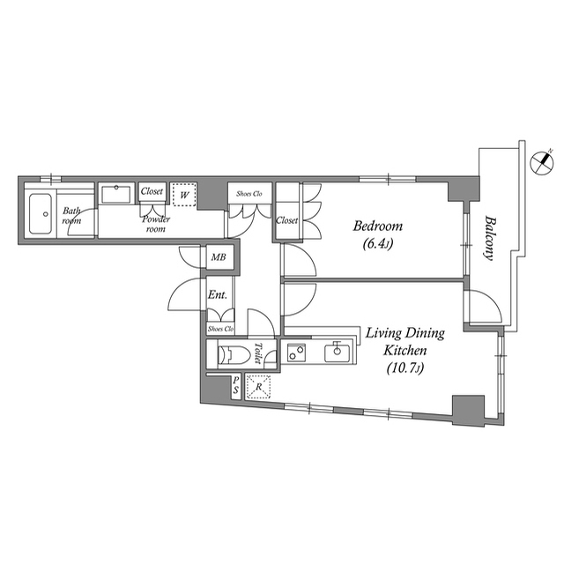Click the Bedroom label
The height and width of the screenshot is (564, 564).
click(x=378, y=226)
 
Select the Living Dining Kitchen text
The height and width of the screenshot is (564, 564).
click(x=405, y=342)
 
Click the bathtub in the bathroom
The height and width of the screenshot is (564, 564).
click(x=41, y=214)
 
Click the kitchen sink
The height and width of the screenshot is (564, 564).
click(x=337, y=352)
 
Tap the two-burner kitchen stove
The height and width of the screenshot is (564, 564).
click(x=296, y=352)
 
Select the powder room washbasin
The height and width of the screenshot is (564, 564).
click(x=115, y=194)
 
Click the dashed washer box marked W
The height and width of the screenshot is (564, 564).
click(x=184, y=195)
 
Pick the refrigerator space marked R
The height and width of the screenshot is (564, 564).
click(x=258, y=387)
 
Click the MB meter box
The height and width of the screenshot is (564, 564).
click(x=219, y=257)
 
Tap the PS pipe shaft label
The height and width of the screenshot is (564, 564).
click(x=235, y=385)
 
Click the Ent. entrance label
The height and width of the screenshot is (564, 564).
click(x=218, y=295)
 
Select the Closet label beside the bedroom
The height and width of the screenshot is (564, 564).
click(x=286, y=219)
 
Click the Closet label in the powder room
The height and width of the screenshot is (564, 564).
click(x=152, y=191)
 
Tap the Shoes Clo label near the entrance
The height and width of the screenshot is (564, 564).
click(x=221, y=329)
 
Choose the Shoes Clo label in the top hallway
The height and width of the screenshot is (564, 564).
click(x=249, y=194)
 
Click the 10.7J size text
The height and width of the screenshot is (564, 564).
click(x=405, y=368)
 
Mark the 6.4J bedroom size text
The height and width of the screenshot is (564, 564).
click(x=378, y=244)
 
